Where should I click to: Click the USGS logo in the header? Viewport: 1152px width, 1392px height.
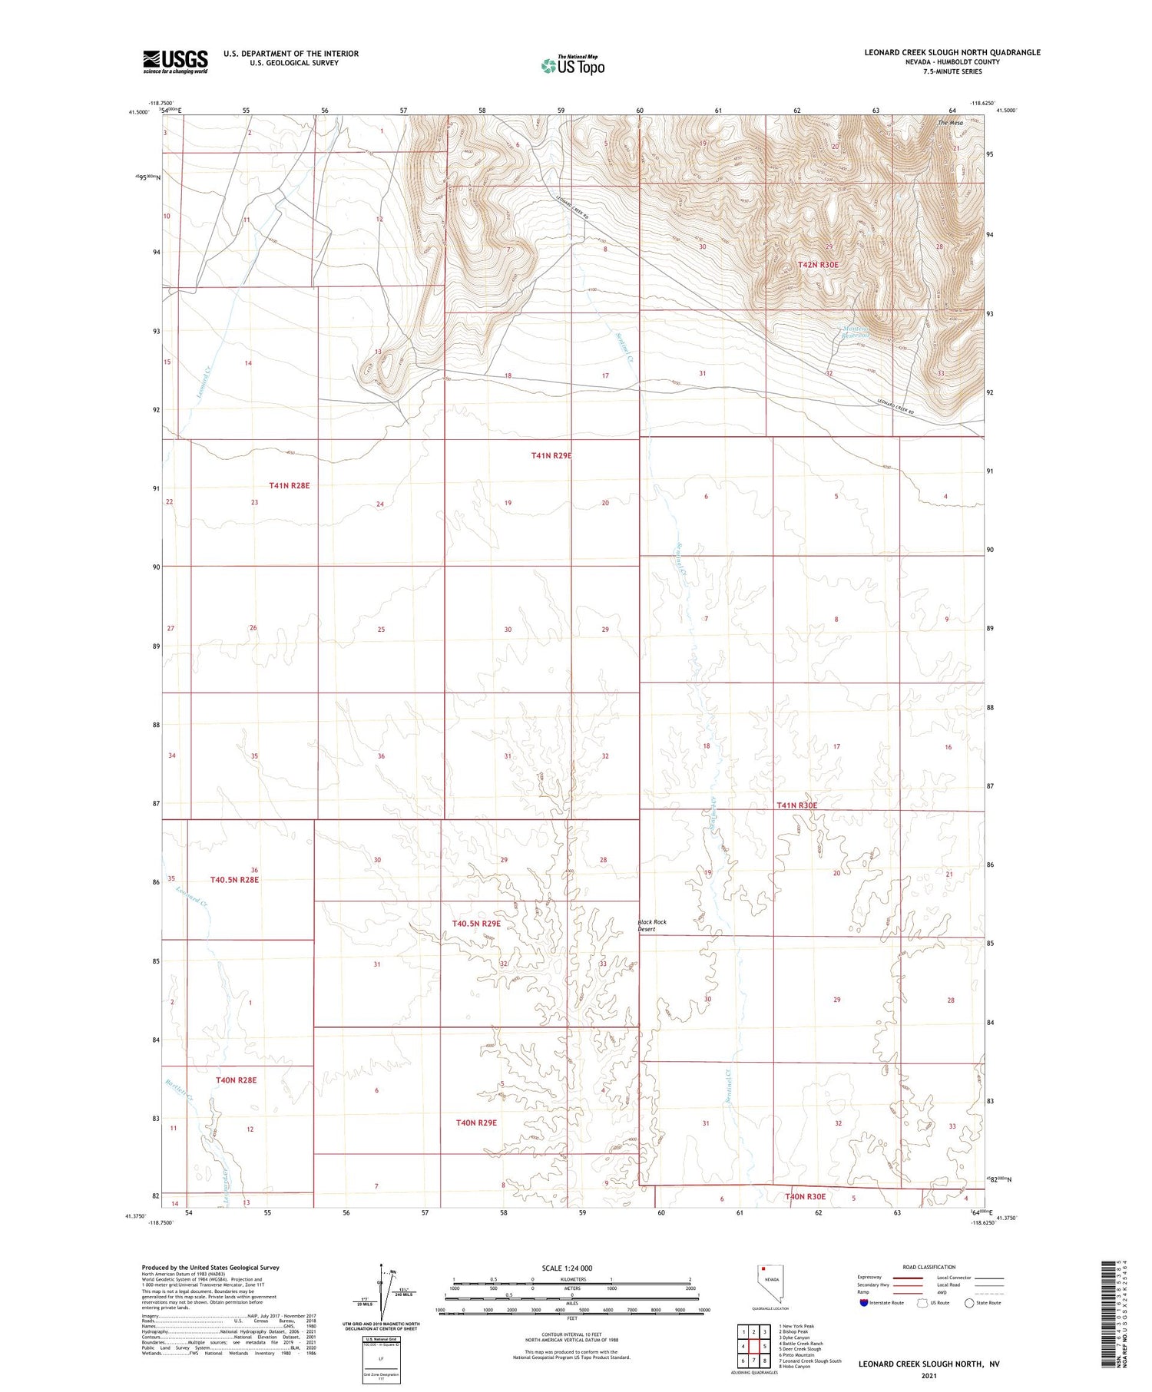point(175,61)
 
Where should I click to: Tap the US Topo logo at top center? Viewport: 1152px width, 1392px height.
point(573,65)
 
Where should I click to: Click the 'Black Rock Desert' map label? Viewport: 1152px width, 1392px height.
point(652,925)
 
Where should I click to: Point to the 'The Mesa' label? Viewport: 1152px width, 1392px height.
point(950,123)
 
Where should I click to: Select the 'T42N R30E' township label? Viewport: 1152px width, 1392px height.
point(818,265)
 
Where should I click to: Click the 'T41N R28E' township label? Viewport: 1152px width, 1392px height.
point(290,485)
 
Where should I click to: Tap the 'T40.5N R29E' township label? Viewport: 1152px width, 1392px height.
point(476,923)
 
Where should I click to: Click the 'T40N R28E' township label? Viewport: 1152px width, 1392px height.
point(236,1080)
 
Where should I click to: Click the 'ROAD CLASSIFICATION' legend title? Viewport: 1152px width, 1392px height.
point(929,1267)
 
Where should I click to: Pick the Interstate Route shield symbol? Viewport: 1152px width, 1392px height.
point(864,1303)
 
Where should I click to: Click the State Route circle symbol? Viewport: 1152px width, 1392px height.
point(969,1303)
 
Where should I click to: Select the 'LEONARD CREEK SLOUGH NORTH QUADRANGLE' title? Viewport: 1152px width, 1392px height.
point(952,52)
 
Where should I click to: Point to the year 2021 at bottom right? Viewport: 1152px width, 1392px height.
point(929,1375)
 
